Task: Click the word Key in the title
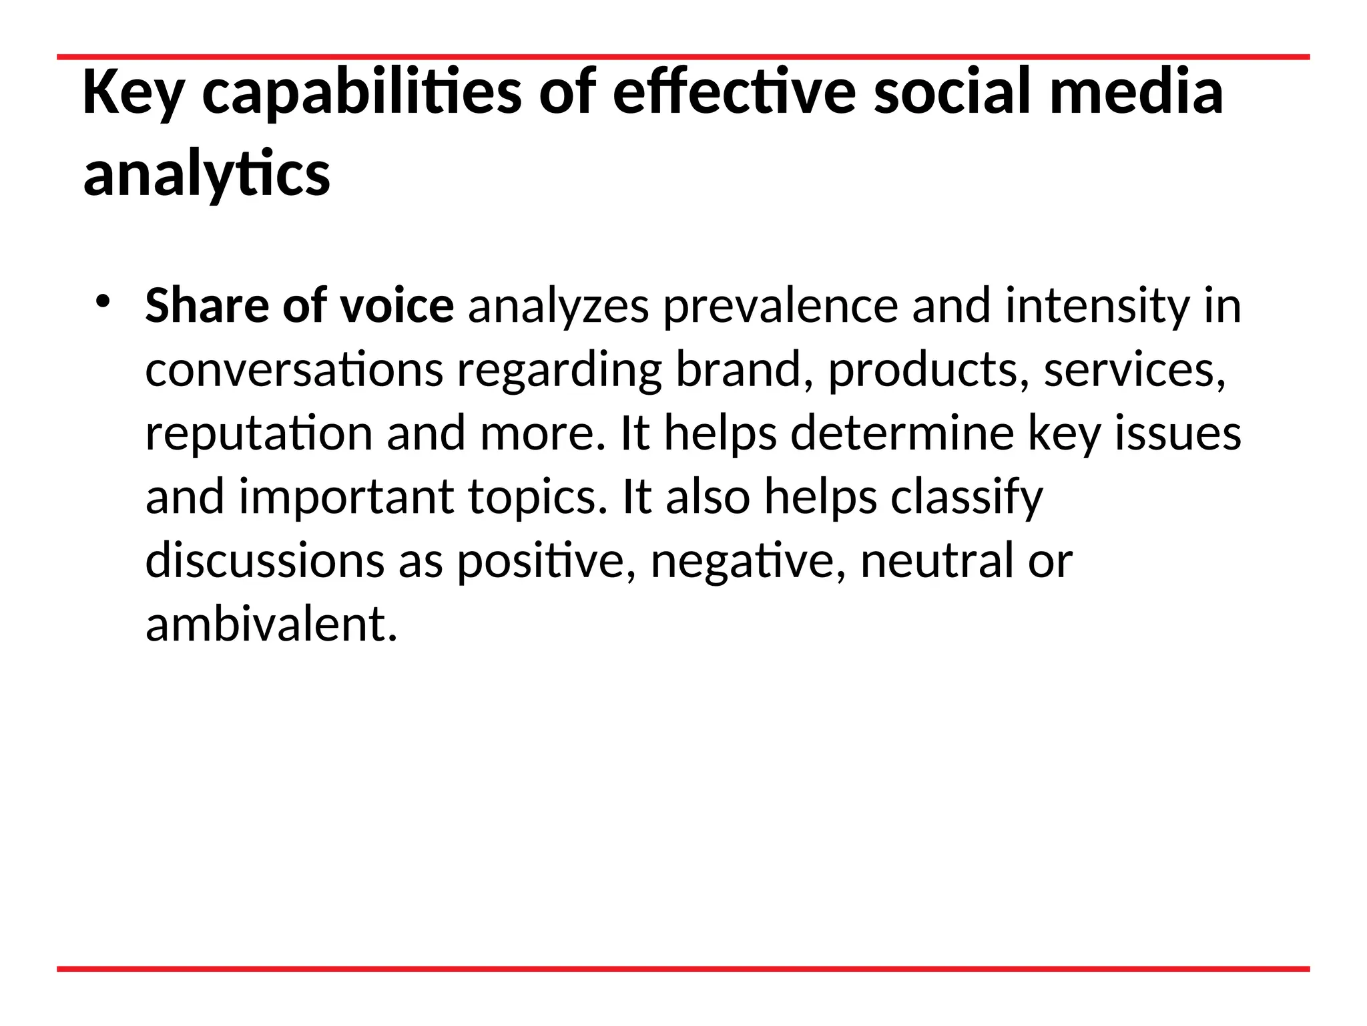point(133,94)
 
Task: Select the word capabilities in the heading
point(361,94)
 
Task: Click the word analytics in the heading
point(206,175)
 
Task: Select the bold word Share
point(206,306)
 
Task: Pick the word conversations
point(294,369)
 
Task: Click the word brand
point(738,369)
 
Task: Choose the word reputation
point(259,434)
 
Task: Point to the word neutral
point(937,561)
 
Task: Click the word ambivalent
point(271,625)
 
